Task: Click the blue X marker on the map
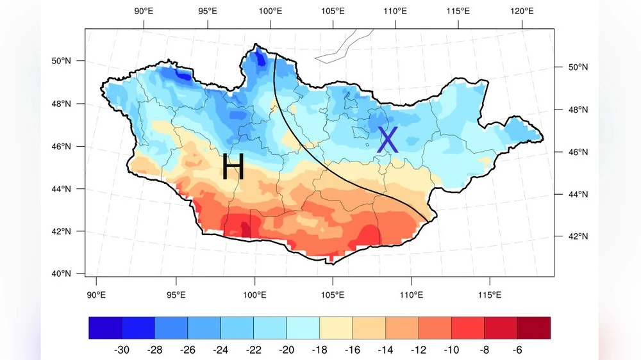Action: click(x=387, y=140)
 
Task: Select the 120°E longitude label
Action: click(x=522, y=11)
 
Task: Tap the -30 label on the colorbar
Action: click(x=122, y=350)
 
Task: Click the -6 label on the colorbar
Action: click(x=517, y=350)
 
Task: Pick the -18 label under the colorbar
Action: click(x=319, y=350)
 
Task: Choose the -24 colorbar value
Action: click(x=221, y=350)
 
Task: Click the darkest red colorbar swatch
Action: click(x=533, y=327)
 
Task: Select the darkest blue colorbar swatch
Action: click(x=105, y=327)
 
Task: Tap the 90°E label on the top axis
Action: click(x=144, y=11)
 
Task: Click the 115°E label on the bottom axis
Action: click(x=490, y=295)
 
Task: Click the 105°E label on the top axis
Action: click(x=333, y=11)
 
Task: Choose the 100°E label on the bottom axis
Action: click(x=255, y=295)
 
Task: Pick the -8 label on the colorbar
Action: click(x=484, y=350)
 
